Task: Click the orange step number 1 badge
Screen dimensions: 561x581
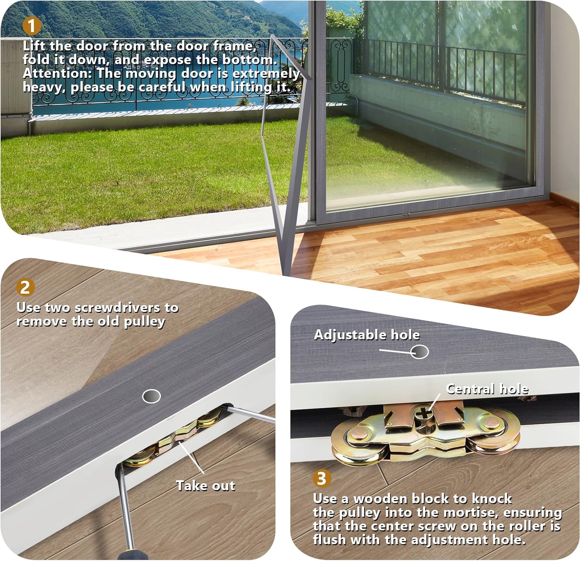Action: click(x=32, y=26)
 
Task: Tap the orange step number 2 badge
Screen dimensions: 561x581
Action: click(x=25, y=287)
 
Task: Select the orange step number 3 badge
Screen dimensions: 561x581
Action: click(x=321, y=479)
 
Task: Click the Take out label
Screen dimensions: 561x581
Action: click(x=205, y=486)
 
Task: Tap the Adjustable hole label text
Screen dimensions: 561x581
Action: click(x=366, y=335)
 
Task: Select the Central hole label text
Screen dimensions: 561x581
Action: click(x=487, y=389)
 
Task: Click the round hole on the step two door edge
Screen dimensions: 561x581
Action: click(x=151, y=396)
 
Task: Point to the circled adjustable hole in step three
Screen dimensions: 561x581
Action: click(x=419, y=352)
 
